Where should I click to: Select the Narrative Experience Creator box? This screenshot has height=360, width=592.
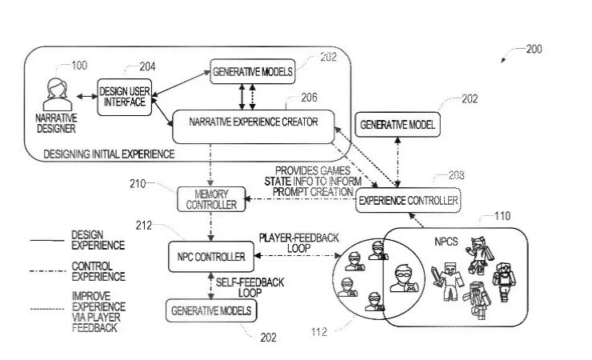click(253, 122)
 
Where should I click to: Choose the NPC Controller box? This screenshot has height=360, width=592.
click(210, 257)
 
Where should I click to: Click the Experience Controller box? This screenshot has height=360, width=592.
click(408, 201)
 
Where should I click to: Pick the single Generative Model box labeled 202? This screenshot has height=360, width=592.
click(397, 126)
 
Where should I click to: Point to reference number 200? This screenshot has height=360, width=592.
click(533, 50)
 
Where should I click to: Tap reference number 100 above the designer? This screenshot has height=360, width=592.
click(80, 66)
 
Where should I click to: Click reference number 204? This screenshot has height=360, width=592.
click(147, 66)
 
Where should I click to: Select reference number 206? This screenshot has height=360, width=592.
click(309, 98)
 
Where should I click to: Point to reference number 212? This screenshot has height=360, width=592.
click(144, 225)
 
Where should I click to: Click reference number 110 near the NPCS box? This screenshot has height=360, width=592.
click(501, 216)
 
